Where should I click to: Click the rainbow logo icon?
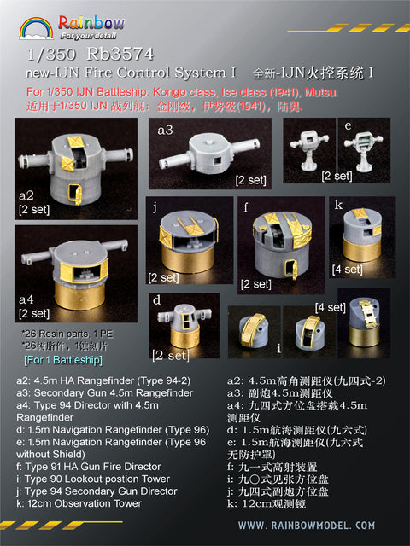(x=37, y=26)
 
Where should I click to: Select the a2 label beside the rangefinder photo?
(x=26, y=195)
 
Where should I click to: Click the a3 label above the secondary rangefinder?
(x=165, y=130)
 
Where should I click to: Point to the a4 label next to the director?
(x=26, y=299)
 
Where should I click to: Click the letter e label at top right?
(x=348, y=125)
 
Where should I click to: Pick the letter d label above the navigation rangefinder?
(x=157, y=299)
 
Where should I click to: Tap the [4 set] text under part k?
(x=346, y=269)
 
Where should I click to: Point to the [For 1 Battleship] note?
(x=53, y=360)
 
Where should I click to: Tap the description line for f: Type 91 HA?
(x=89, y=467)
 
